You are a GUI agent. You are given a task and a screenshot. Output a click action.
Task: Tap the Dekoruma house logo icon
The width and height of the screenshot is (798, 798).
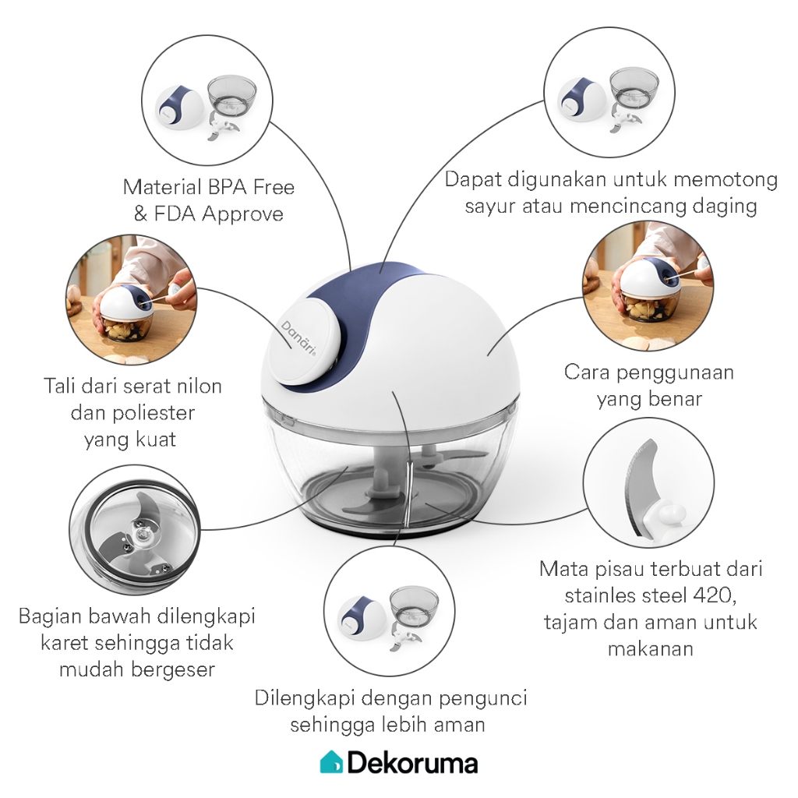tap(331, 762)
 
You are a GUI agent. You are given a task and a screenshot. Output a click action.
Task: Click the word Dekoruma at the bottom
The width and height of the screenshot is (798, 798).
tap(413, 763)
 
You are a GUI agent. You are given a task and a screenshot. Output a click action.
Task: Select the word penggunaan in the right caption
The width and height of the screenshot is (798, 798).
tap(675, 373)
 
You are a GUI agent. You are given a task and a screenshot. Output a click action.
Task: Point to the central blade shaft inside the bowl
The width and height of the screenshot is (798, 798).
tap(382, 470)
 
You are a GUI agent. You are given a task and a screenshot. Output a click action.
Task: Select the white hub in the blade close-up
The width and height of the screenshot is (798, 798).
tap(662, 515)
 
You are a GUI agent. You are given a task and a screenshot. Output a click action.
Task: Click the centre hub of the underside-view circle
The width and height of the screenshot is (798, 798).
tap(142, 535)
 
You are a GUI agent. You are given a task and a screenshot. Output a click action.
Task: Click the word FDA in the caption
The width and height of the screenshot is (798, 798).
tap(175, 214)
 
